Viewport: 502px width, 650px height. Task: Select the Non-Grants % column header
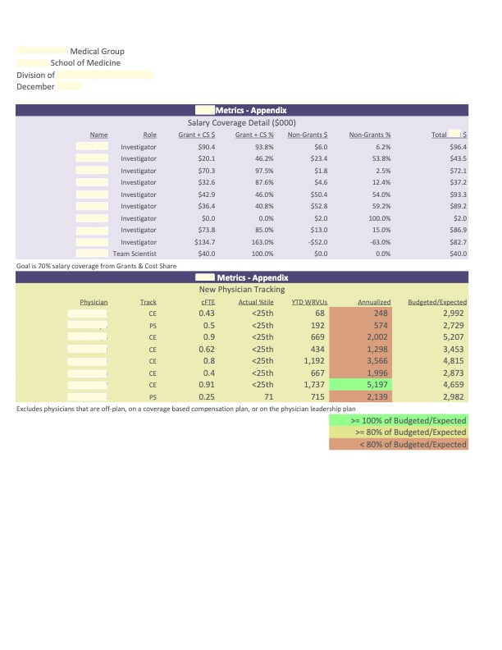click(x=370, y=135)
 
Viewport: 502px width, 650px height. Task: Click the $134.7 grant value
click(x=203, y=242)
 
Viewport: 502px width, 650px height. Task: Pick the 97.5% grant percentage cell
click(x=263, y=170)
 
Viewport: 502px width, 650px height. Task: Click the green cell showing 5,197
click(x=378, y=384)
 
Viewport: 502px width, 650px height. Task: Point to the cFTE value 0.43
click(x=207, y=314)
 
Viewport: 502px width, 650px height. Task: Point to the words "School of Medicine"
click(x=85, y=63)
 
